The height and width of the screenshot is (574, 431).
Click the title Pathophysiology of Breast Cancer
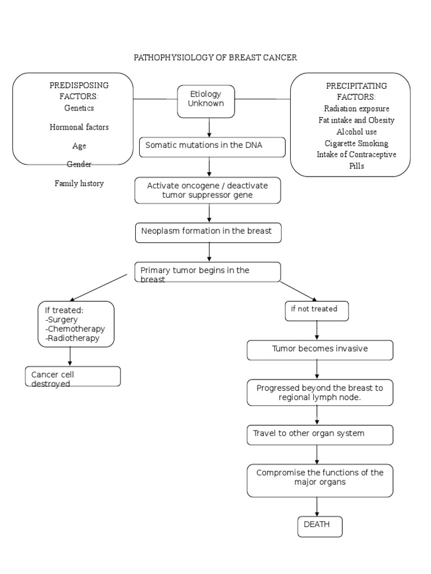coord(215,58)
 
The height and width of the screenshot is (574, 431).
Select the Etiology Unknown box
coord(206,101)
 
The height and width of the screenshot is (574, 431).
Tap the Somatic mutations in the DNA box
coord(212,147)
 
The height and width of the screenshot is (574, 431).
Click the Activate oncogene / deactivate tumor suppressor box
coord(208,191)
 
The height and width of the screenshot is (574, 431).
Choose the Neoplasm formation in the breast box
coord(208,232)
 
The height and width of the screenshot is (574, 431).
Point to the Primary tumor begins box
coord(208,272)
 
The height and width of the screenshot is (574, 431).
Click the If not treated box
coord(317,311)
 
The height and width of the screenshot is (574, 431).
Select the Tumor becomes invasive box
coord(320,350)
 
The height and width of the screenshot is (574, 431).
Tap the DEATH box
coord(319,526)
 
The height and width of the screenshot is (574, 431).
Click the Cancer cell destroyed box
coord(73,377)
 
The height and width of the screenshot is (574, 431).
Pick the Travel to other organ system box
coord(320,434)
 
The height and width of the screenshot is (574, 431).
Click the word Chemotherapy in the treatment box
coord(76,329)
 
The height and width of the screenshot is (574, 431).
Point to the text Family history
coord(79,183)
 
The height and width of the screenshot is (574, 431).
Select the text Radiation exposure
coord(356,108)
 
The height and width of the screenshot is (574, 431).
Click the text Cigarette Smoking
coord(356,143)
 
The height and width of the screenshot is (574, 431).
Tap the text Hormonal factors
coord(79,127)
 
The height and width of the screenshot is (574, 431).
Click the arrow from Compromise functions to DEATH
coord(318,507)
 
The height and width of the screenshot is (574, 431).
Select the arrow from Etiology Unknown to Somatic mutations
coord(209,128)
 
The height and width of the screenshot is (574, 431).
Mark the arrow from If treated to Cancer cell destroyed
coord(70,357)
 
